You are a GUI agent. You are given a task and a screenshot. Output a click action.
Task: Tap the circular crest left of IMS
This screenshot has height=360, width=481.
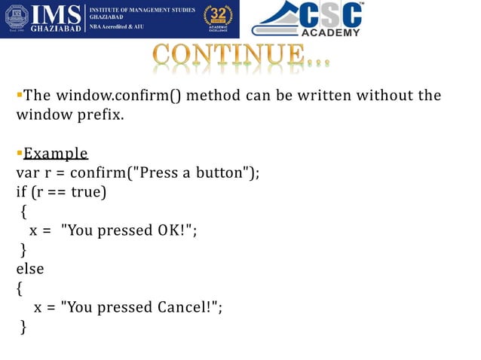16,18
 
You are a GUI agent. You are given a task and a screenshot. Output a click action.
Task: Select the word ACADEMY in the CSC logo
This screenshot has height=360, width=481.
329,32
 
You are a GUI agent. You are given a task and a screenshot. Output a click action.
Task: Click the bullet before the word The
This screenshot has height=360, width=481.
20,95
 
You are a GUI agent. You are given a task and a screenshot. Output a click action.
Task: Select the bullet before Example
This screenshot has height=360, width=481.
20,154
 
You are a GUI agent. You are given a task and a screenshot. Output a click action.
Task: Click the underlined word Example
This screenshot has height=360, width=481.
56,154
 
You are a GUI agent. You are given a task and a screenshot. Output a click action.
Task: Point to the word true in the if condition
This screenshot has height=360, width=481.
86,192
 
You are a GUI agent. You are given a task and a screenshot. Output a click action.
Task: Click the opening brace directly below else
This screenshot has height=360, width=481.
19,288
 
